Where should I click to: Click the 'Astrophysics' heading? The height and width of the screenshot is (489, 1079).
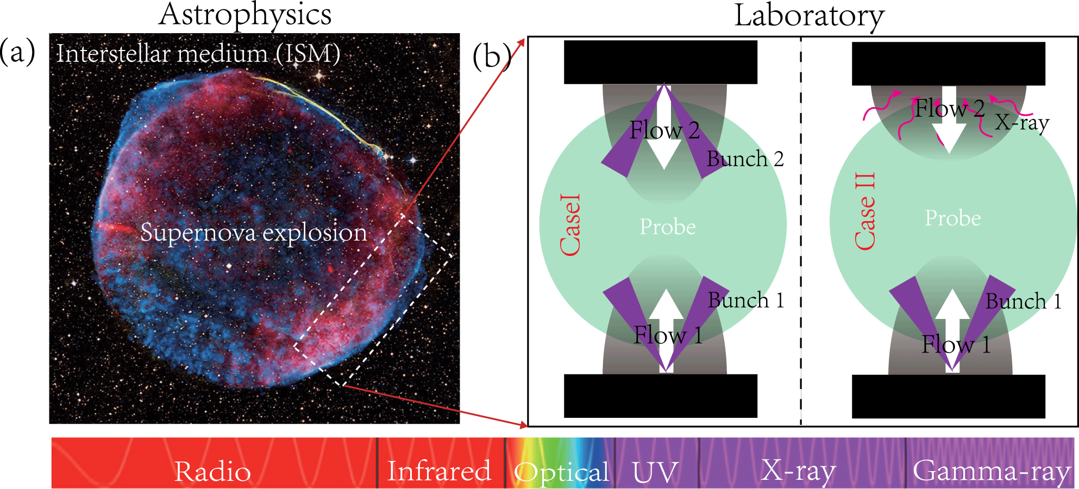point(245,15)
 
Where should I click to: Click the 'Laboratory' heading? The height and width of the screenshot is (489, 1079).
point(809,16)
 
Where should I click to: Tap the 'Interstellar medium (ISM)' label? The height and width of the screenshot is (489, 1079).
point(198,54)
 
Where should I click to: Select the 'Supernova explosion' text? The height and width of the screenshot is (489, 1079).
point(254,233)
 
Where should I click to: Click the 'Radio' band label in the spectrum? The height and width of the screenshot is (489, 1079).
point(212,471)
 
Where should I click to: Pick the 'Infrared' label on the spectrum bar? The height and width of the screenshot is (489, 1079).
point(439,471)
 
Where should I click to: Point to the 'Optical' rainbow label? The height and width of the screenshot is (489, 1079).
point(562,472)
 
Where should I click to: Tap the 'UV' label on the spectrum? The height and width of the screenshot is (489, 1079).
point(655,472)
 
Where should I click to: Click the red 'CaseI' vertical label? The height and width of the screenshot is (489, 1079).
point(570,224)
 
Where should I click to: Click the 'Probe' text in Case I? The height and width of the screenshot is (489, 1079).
point(668,227)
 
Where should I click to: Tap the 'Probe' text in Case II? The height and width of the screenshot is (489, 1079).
point(953,218)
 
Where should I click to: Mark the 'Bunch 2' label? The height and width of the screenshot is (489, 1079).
point(745,159)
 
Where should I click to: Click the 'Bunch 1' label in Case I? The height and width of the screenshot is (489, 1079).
point(746,300)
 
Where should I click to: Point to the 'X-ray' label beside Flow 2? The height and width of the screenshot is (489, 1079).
point(1022,123)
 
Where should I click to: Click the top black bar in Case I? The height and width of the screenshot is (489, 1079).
point(660,62)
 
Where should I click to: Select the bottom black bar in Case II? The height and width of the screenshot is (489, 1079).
point(948,396)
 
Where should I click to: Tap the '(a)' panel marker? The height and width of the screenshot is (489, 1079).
point(17,52)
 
